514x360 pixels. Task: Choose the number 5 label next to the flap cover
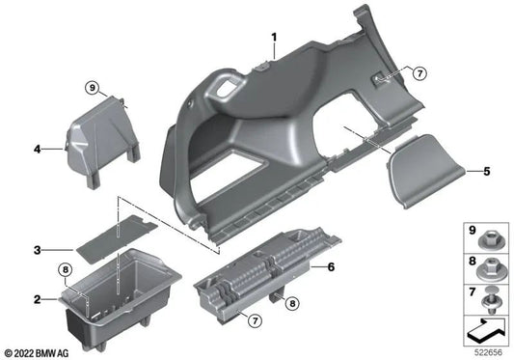coord(487,172)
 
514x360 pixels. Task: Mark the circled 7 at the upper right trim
coord(419,72)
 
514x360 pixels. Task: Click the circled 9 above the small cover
coord(92,88)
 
